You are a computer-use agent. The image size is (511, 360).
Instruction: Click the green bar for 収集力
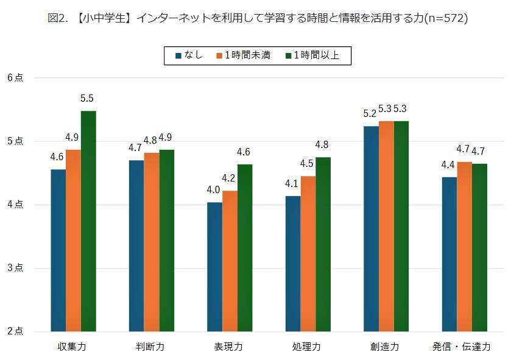[88, 221]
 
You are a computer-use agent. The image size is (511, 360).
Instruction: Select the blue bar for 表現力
[214, 267]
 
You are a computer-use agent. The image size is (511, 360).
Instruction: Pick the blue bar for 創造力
[371, 228]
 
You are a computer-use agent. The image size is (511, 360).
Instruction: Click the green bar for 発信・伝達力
[479, 247]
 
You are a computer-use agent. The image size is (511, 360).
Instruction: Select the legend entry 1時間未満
[243, 56]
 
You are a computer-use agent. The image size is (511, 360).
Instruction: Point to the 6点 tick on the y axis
[15, 78]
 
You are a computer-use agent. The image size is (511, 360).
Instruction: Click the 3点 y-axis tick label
[15, 268]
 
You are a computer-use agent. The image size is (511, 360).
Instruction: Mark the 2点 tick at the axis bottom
[15, 331]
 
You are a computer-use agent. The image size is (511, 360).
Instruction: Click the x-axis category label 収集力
[72, 347]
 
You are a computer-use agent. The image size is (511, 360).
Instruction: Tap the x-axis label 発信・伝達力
[461, 347]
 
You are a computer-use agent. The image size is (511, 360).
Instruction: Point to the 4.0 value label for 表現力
[214, 190]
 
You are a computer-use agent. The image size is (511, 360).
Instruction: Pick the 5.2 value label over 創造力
[370, 114]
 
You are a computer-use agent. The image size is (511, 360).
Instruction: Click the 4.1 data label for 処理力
[293, 183]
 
